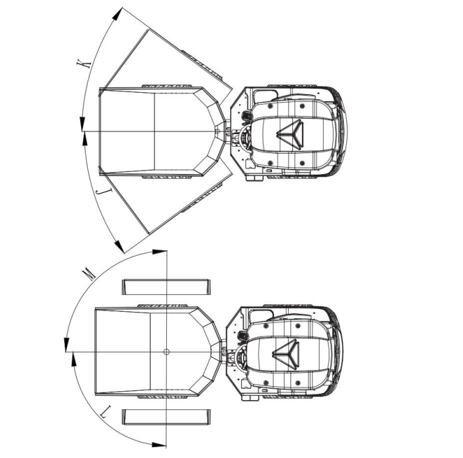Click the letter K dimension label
[x=84, y=64]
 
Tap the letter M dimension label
[x=89, y=274]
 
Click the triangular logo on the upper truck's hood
[x=290, y=134]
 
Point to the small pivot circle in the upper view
[x=218, y=131]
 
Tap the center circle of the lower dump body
[x=166, y=351]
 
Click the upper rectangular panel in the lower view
[x=166, y=286]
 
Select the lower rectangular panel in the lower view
[x=166, y=417]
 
